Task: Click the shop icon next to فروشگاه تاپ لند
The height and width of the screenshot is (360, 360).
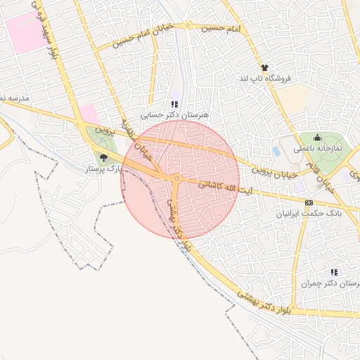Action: [264, 67]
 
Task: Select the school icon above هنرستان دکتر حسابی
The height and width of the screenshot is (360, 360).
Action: [174, 104]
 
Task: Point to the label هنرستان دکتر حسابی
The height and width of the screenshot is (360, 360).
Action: [166, 114]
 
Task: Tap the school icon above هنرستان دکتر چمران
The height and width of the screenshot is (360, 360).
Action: [334, 272]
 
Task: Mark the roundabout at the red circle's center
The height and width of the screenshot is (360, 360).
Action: [177, 179]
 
